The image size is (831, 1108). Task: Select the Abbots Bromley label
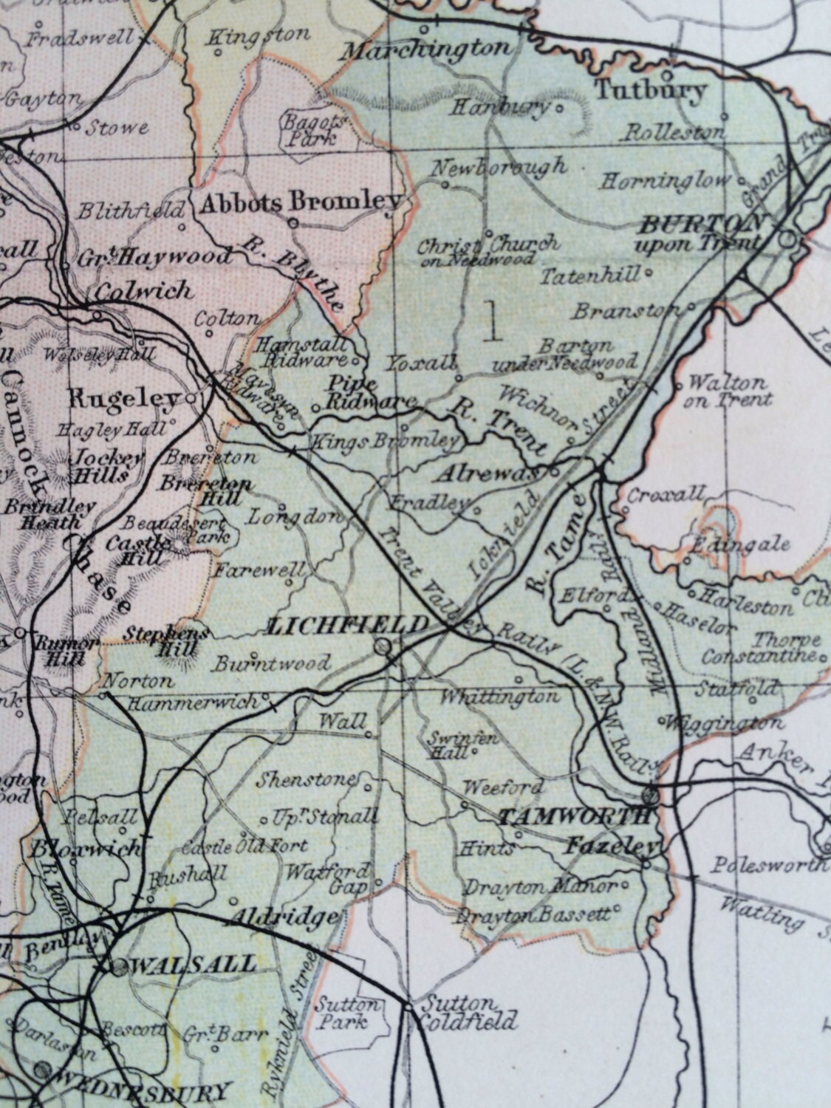pyautogui.click(x=301, y=201)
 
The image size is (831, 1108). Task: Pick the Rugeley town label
pyautogui.click(x=134, y=400)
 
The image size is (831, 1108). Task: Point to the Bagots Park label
pyautogui.click(x=311, y=128)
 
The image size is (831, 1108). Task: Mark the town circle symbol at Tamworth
pyautogui.click(x=649, y=796)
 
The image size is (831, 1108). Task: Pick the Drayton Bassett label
pyautogui.click(x=535, y=914)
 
